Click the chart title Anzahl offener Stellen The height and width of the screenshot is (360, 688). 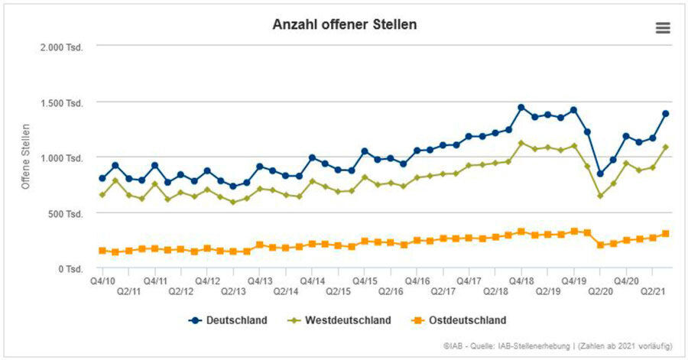pyautogui.click(x=344, y=24)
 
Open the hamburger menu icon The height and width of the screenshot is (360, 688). pyautogui.click(x=663, y=28)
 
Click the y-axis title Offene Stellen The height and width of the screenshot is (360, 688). pyautogui.click(x=25, y=156)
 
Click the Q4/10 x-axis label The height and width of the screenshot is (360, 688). pyautogui.click(x=102, y=281)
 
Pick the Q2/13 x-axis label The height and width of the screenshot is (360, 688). pyautogui.click(x=233, y=291)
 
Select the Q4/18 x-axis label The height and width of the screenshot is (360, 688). pyautogui.click(x=521, y=281)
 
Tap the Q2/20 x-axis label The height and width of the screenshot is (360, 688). pyautogui.click(x=600, y=291)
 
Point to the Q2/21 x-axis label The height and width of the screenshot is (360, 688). pyautogui.click(x=652, y=291)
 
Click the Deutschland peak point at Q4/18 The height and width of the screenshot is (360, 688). pyautogui.click(x=521, y=108)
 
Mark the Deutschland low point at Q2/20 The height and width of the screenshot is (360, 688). pyautogui.click(x=600, y=174)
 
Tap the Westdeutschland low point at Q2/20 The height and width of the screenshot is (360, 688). pyautogui.click(x=600, y=196)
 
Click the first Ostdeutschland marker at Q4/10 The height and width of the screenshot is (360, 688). pyautogui.click(x=102, y=251)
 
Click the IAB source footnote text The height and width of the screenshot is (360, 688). pyautogui.click(x=557, y=346)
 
